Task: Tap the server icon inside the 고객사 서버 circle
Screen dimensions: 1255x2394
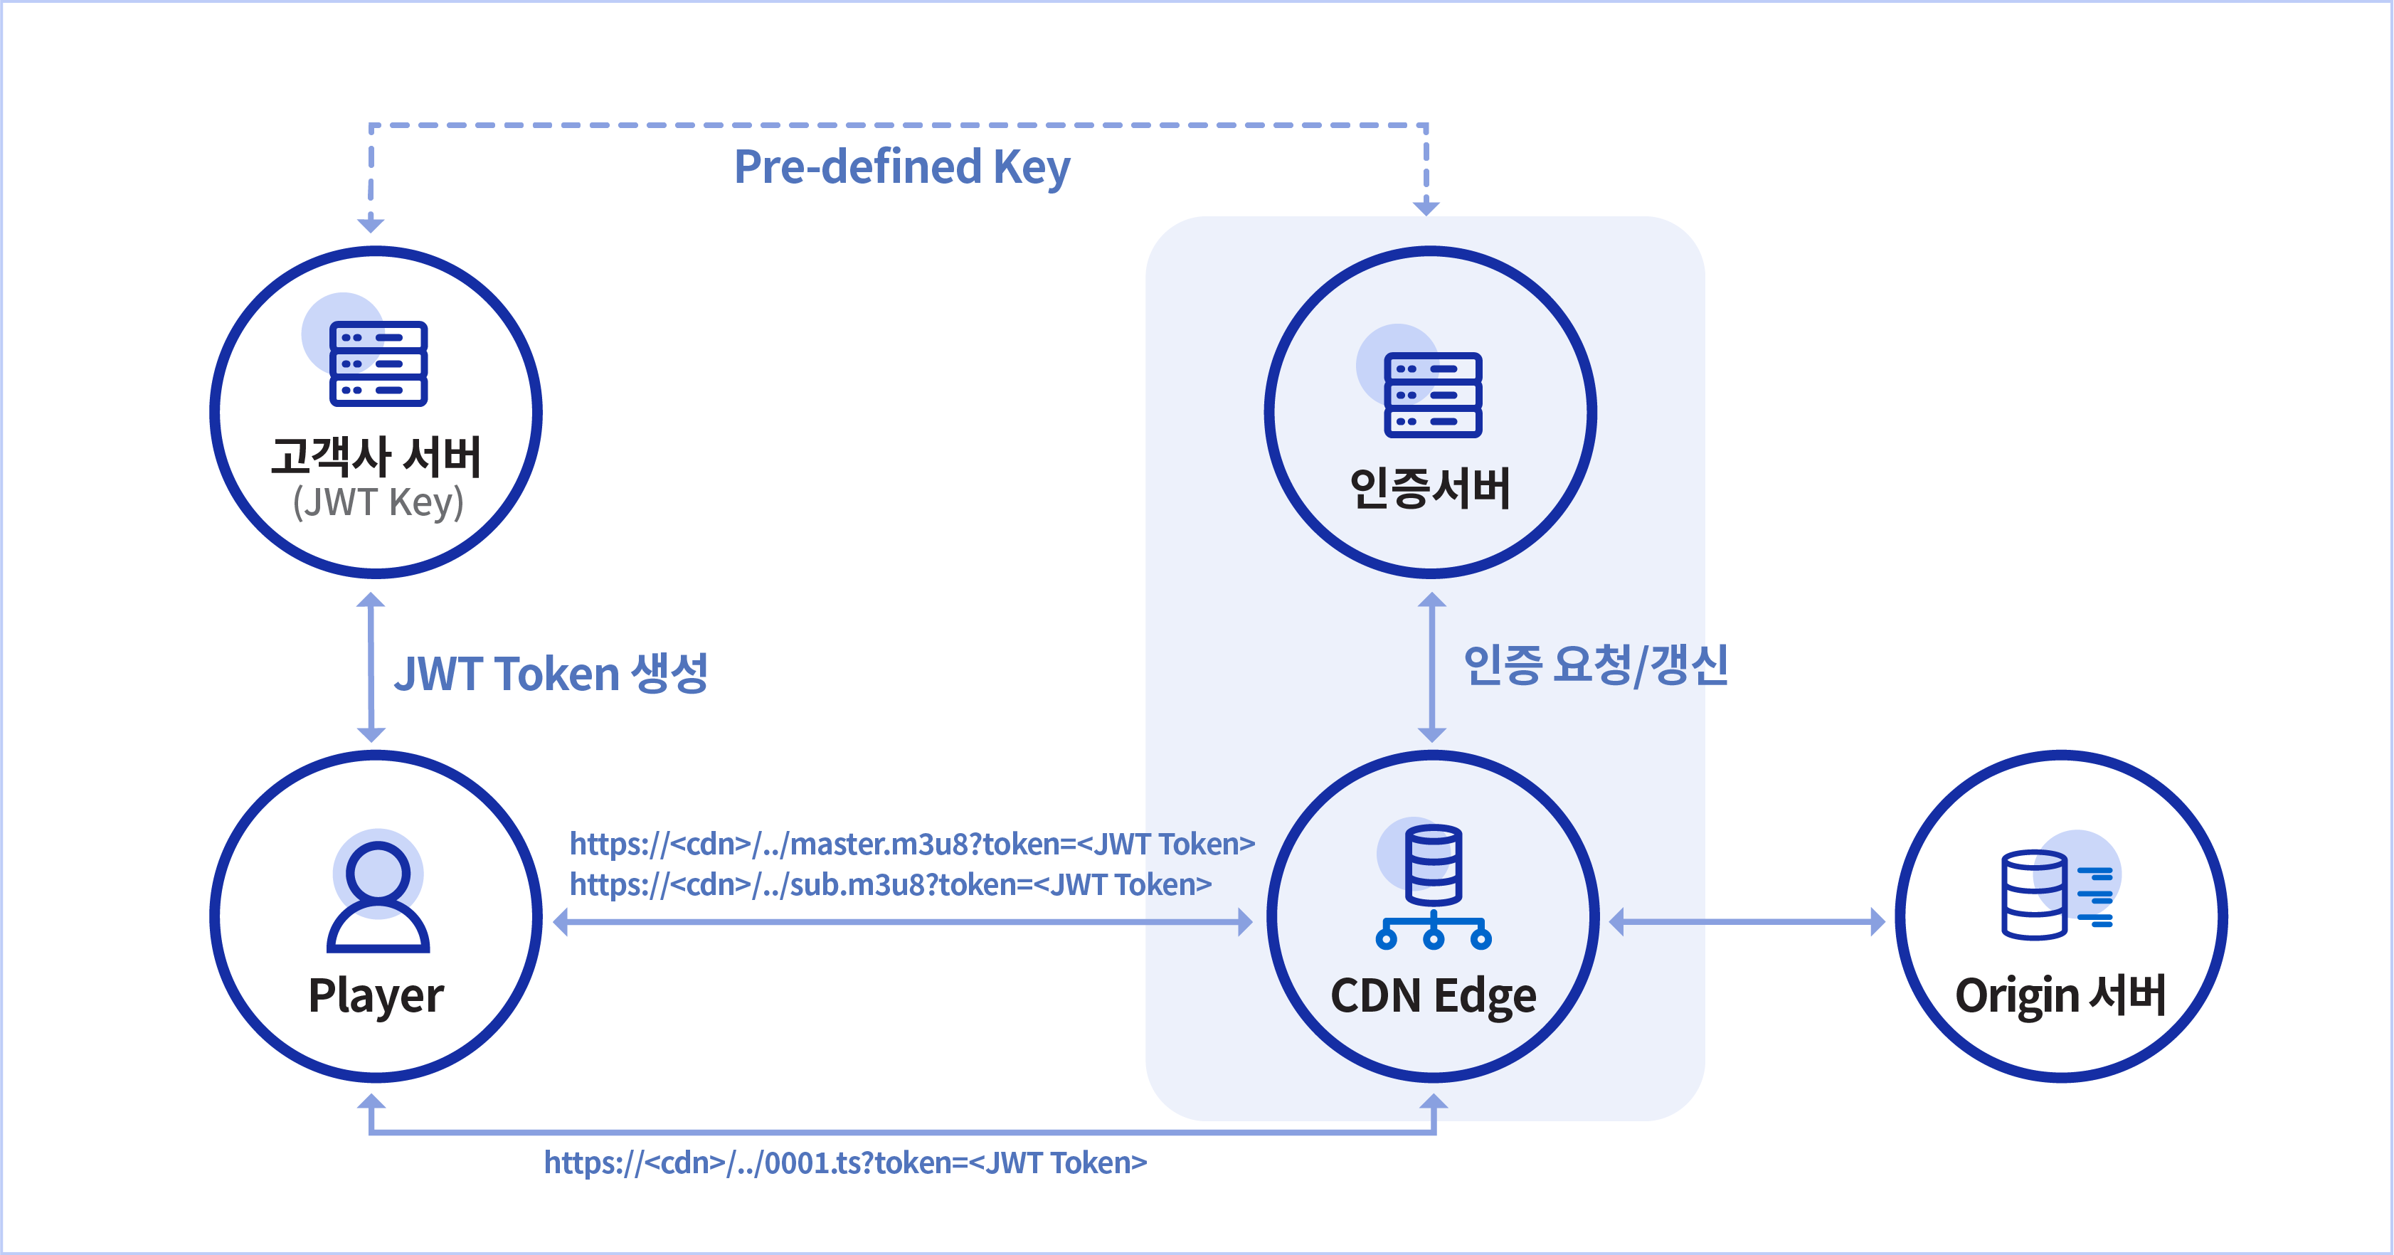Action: click(x=377, y=363)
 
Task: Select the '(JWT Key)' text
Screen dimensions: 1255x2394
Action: click(x=377, y=503)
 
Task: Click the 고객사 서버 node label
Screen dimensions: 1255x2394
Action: click(x=376, y=457)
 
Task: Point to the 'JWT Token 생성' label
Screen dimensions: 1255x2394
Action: click(x=550, y=673)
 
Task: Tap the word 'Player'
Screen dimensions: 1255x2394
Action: click(x=376, y=995)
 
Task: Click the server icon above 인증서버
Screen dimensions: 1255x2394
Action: click(x=1432, y=394)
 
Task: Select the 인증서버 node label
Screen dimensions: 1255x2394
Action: click(x=1429, y=488)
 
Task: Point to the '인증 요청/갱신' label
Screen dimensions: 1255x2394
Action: click(x=1595, y=664)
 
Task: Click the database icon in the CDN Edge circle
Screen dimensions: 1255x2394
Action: click(x=1433, y=886)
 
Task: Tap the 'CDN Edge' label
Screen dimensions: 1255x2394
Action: click(x=1433, y=995)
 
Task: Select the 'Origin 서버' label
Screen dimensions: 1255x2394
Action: click(x=2060, y=995)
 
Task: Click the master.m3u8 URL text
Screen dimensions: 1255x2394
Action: click(x=911, y=844)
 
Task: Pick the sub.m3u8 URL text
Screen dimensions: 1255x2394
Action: click(x=890, y=884)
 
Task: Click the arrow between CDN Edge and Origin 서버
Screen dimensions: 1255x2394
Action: click(x=1747, y=921)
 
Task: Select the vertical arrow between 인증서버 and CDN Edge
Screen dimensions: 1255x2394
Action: click(x=1432, y=667)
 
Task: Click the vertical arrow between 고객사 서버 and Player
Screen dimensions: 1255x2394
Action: click(x=371, y=667)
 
